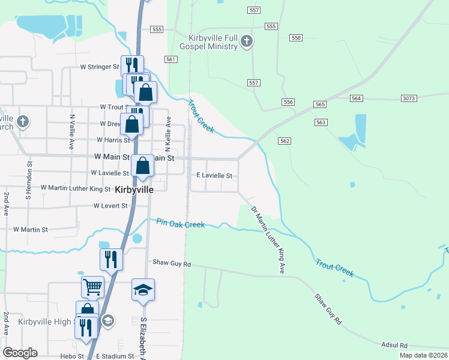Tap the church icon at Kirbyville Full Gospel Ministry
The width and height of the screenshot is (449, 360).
click(247, 41)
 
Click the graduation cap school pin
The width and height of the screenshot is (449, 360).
click(143, 290)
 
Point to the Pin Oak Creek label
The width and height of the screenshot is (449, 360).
click(181, 223)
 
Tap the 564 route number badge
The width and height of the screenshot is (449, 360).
click(357, 98)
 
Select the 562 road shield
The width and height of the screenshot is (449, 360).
click(285, 140)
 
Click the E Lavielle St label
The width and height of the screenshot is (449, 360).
click(214, 176)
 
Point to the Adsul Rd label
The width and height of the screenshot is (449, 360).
click(394, 345)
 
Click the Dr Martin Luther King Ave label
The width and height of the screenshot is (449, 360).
click(267, 241)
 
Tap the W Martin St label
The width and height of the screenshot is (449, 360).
click(30, 229)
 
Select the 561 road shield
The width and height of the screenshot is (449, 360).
click(171, 59)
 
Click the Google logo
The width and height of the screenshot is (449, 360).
click(20, 353)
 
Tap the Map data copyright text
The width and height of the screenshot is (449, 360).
click(423, 355)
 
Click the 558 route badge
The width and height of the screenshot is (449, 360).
click(295, 38)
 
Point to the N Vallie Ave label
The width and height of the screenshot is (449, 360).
click(71, 133)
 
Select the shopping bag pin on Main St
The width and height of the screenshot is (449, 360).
click(143, 166)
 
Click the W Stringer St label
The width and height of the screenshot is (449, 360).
click(100, 68)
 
